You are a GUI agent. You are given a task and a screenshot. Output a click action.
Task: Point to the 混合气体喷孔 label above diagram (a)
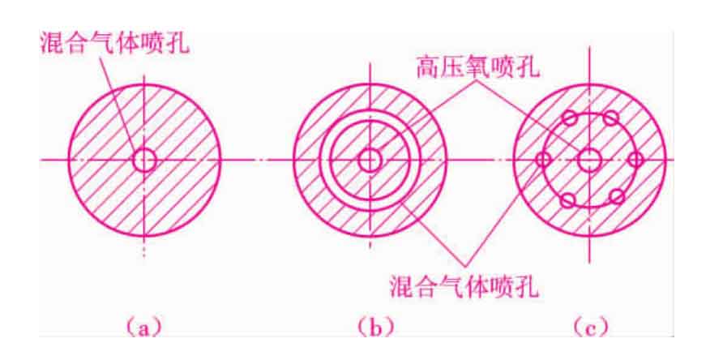coord(114,44)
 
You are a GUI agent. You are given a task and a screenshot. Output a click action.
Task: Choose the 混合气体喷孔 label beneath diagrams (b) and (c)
coord(464,287)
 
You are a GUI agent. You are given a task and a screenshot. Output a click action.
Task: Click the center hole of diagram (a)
coord(145,161)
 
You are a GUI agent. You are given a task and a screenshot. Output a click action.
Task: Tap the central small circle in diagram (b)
coord(370,161)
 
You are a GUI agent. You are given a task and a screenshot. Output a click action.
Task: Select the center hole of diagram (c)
coord(590,161)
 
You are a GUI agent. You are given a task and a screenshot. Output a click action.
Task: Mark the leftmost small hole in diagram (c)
coord(544,160)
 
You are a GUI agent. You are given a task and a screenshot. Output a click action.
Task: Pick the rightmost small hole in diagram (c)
coord(635,160)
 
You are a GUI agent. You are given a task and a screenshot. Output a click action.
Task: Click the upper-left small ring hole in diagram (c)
coord(570,118)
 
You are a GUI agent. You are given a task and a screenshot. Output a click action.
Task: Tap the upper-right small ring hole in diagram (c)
coord(611,118)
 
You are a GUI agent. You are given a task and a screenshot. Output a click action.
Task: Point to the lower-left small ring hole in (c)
coord(567,199)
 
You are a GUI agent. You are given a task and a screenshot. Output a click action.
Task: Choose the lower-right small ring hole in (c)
coord(616,197)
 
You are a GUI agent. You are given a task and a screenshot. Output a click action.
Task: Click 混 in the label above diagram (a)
coord(53,44)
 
